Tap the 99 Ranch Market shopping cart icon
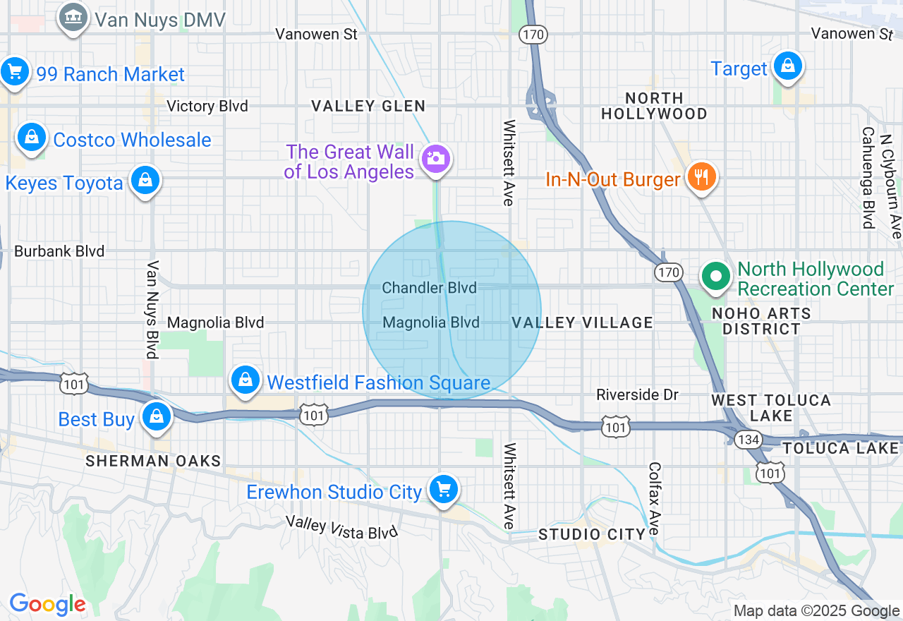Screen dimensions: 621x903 click(x=14, y=72)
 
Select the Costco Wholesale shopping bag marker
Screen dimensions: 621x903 click(x=31, y=138)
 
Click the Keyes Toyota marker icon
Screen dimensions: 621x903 click(x=145, y=181)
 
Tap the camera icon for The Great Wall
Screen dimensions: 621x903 click(x=436, y=159)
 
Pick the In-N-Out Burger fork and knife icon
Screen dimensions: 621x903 click(x=701, y=176)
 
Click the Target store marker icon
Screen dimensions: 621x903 click(x=788, y=66)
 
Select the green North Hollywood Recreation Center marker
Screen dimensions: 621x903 click(x=717, y=276)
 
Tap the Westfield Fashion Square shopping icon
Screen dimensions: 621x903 click(x=245, y=380)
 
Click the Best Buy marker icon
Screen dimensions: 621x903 click(x=156, y=417)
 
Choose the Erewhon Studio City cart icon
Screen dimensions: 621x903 click(x=443, y=489)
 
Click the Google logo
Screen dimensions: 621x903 click(x=48, y=604)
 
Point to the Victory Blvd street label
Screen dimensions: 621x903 click(x=207, y=106)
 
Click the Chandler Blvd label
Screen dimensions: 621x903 click(x=429, y=288)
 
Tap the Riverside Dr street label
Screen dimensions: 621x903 click(x=637, y=394)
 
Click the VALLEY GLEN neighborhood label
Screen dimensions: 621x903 click(x=368, y=106)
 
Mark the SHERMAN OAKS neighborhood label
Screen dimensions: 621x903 click(x=153, y=461)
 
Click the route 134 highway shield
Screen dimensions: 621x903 click(x=746, y=440)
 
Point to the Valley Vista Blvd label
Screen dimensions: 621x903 click(x=341, y=527)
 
